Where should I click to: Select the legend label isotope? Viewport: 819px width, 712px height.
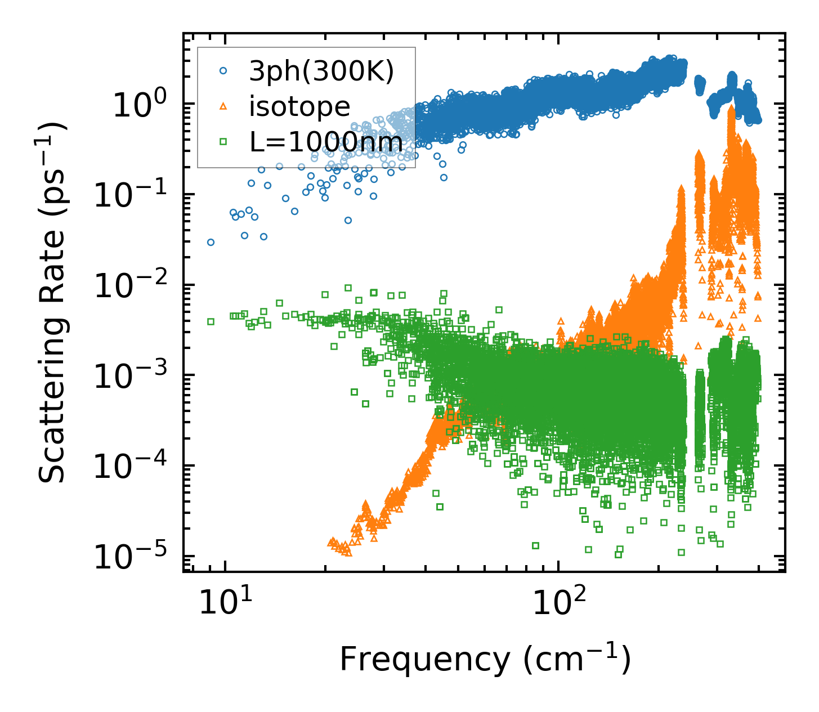tap(299, 106)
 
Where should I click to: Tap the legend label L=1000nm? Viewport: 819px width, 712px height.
tap(326, 142)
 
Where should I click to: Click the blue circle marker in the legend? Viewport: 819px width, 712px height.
tap(223, 71)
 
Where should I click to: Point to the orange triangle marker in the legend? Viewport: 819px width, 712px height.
tap(223, 106)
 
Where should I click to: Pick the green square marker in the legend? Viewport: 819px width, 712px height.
tap(223, 142)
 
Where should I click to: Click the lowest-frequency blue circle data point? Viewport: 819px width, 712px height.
tap(211, 242)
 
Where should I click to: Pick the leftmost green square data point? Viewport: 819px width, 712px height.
tap(211, 321)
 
